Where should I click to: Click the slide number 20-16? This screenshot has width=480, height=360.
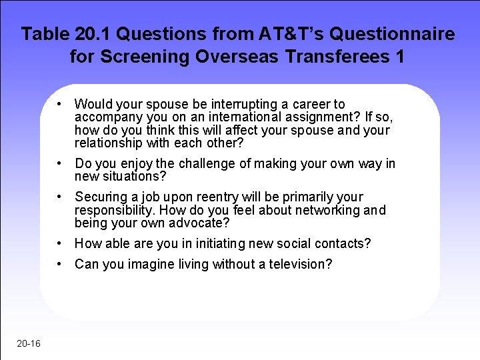29,343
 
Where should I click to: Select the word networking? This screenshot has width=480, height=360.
321,211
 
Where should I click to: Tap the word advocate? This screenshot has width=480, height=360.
199,223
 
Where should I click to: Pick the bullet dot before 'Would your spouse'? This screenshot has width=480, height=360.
60,104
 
